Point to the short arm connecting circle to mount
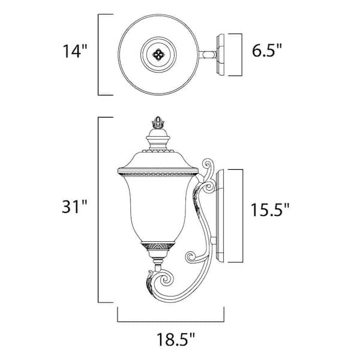pos(208,53)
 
